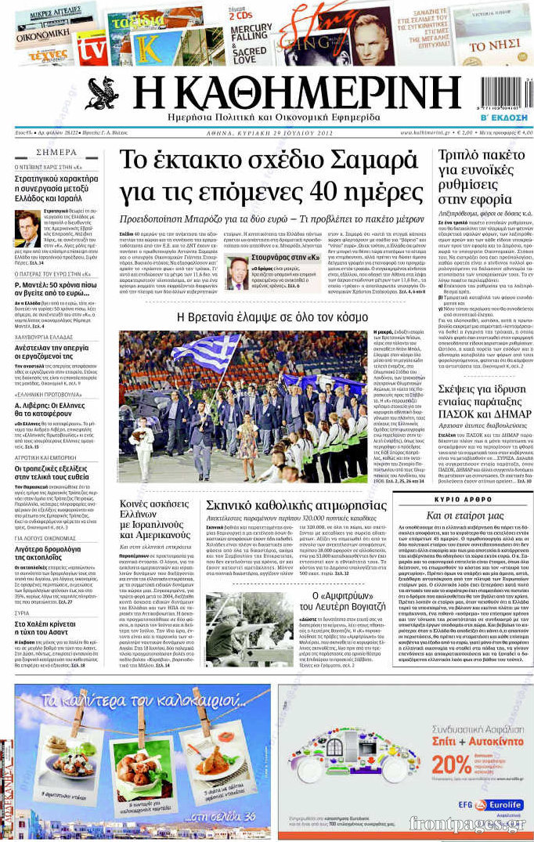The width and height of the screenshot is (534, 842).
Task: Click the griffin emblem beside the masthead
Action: [x=102, y=94]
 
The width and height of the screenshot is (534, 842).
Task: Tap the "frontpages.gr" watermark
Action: [x=467, y=824]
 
